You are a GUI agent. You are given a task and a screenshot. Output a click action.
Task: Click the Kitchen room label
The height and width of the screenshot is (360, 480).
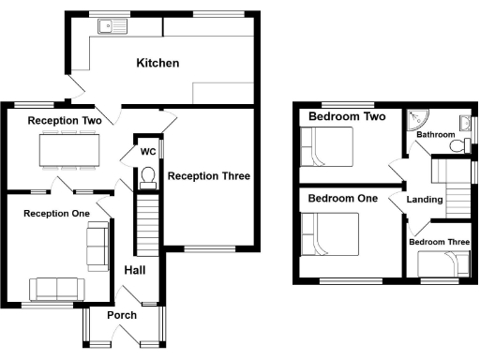(x=157, y=64)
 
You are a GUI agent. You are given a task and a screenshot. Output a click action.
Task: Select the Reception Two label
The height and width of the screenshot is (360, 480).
(x=64, y=121)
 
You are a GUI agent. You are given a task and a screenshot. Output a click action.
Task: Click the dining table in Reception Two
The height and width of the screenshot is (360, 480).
(x=69, y=149)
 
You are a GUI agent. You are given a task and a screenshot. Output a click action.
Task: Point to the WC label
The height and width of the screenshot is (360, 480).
(x=147, y=151)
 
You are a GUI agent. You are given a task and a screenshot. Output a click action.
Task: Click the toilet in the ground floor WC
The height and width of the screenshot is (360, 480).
(x=146, y=176)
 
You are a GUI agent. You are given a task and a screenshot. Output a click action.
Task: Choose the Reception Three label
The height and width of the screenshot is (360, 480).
(x=207, y=176)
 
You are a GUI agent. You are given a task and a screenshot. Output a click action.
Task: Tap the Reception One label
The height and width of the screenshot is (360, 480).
(x=56, y=214)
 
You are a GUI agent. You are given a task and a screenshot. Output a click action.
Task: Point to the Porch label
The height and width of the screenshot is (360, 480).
(x=122, y=315)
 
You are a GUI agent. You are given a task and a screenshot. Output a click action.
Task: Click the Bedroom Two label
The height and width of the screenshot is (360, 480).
(x=348, y=117)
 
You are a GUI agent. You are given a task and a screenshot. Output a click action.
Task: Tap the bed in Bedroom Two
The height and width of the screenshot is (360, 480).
(x=326, y=148)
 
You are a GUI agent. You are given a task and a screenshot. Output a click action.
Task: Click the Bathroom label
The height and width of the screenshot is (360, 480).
(x=436, y=135)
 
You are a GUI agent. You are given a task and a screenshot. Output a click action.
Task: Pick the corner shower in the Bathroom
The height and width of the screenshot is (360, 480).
(x=417, y=117)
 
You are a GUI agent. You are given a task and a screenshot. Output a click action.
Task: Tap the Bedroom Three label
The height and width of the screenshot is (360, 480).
(x=439, y=243)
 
